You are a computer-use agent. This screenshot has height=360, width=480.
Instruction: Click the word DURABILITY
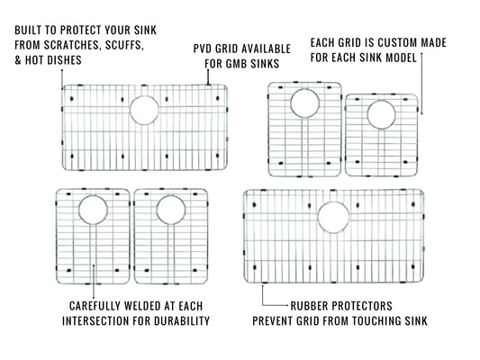[184, 320]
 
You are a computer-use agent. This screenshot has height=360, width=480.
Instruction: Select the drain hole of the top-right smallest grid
[381, 114]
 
